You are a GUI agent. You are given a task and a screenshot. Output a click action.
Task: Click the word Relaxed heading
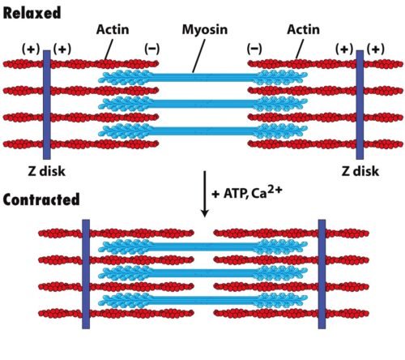(x=32, y=13)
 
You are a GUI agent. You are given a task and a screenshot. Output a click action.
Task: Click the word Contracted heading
(x=41, y=199)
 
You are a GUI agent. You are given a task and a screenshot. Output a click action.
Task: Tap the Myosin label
(x=205, y=30)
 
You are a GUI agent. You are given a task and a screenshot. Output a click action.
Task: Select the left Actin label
(x=113, y=29)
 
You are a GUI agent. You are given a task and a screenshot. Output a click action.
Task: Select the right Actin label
(x=303, y=29)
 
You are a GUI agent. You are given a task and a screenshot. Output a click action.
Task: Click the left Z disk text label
(x=47, y=171)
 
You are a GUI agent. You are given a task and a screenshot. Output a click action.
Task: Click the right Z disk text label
(x=360, y=171)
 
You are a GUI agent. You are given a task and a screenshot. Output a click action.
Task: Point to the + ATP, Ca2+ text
(x=247, y=192)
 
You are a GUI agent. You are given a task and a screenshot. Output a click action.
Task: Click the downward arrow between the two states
(x=205, y=194)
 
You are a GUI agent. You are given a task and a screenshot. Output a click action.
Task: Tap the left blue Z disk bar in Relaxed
(x=47, y=105)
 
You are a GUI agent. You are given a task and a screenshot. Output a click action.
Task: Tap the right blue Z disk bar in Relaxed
(x=360, y=105)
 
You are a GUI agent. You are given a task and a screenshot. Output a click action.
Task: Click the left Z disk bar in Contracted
(x=86, y=274)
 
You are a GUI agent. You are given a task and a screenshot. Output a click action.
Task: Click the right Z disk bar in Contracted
(x=322, y=274)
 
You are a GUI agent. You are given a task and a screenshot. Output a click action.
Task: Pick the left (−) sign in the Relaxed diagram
(x=152, y=49)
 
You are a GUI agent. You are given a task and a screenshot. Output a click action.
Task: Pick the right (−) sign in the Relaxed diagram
(x=254, y=49)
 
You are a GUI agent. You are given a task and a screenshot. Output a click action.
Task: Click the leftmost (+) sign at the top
(x=31, y=49)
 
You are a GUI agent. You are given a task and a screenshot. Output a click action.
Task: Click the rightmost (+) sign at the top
(x=376, y=49)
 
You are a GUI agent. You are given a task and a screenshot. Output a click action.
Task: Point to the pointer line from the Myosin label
(x=199, y=56)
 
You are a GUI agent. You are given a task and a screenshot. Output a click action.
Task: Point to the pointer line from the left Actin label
(x=109, y=49)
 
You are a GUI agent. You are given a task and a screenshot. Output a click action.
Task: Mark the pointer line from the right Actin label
(x=300, y=49)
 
